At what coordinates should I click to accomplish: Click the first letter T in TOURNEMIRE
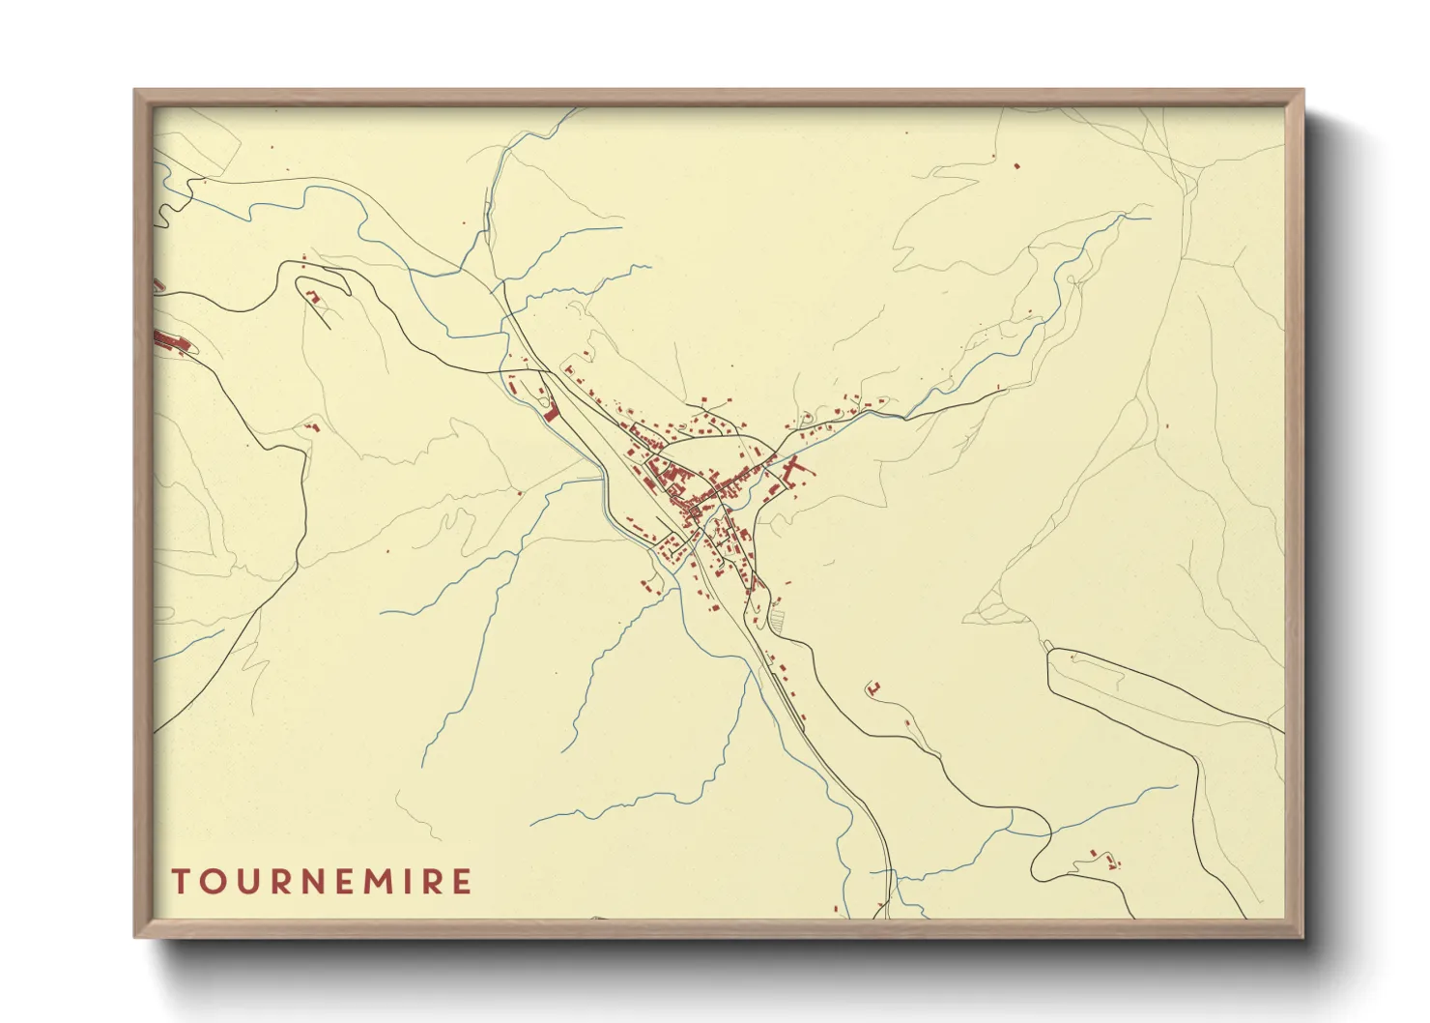tap(181, 882)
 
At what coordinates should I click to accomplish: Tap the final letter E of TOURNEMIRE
tap(463, 882)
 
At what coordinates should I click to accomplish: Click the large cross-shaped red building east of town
tap(796, 472)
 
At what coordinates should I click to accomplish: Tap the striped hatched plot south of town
tap(777, 616)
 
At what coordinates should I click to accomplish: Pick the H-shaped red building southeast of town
tap(873, 687)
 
